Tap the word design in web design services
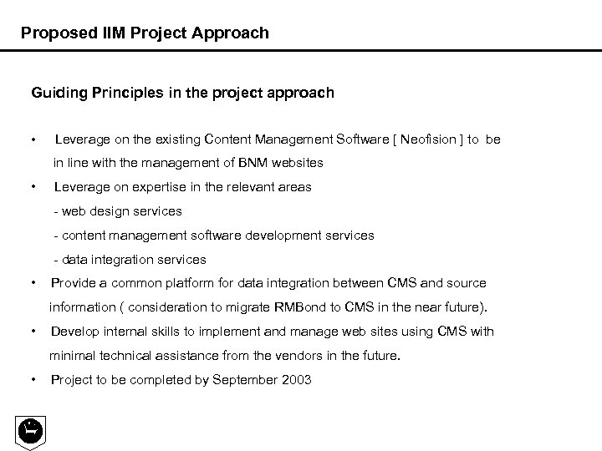[x=107, y=211]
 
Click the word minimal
[x=74, y=356]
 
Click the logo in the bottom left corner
[x=31, y=430]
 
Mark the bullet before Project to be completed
[x=32, y=380]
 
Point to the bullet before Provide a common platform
[x=32, y=283]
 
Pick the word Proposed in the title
[x=52, y=33]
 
